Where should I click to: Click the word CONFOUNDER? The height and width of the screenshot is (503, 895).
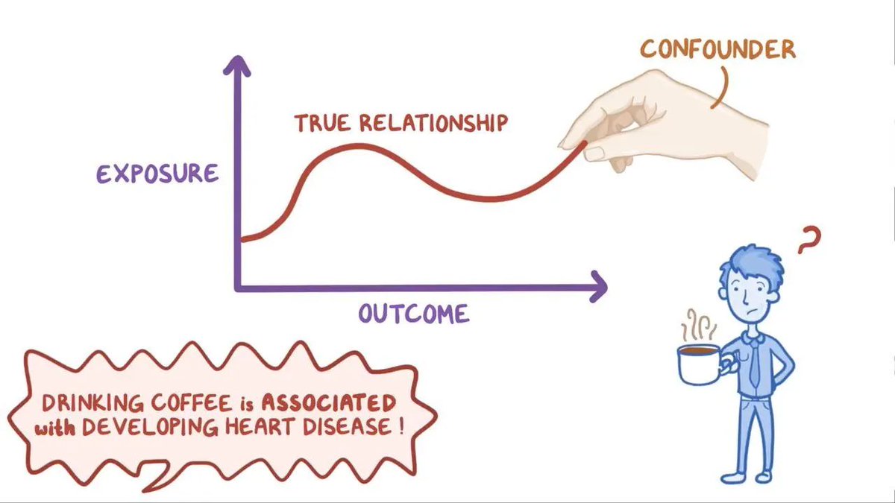(x=718, y=51)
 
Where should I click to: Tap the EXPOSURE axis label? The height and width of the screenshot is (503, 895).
(x=157, y=173)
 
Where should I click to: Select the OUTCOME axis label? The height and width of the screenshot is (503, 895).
(x=414, y=313)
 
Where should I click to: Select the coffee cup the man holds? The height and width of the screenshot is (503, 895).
(x=697, y=363)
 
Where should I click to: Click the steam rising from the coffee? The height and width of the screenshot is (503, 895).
(x=699, y=325)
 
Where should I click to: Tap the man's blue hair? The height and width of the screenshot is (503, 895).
(x=750, y=262)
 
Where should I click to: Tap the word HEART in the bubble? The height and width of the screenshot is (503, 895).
(x=261, y=431)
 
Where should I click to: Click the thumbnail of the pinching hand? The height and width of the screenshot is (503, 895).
(x=595, y=153)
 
